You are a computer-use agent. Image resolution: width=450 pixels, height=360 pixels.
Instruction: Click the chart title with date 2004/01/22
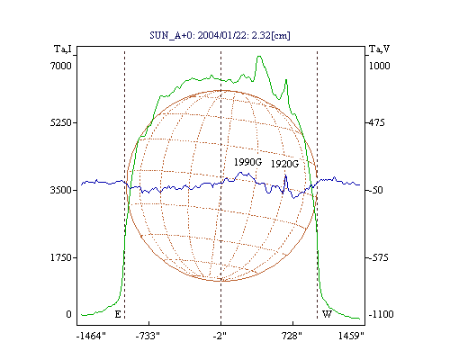coord(220,35)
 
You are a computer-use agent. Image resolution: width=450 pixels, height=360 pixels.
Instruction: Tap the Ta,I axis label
coord(63,49)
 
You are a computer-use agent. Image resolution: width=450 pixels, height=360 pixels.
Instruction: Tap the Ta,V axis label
coord(380,49)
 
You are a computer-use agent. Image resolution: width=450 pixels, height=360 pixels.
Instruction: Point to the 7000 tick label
coord(61,66)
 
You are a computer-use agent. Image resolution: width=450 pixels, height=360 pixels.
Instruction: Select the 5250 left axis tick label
coord(61,122)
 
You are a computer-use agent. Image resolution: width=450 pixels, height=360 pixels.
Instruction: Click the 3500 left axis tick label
coord(61,190)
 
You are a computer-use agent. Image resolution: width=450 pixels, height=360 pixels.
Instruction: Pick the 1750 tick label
coord(61,257)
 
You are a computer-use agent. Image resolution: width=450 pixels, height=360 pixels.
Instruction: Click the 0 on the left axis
coord(68,314)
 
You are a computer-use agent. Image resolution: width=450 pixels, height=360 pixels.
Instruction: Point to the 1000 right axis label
coord(380,66)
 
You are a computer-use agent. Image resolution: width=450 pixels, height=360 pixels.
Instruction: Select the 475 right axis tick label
coord(376,122)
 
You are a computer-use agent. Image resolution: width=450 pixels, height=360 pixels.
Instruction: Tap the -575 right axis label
coord(378,257)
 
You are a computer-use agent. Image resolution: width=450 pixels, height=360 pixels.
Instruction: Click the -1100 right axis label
coord(381,314)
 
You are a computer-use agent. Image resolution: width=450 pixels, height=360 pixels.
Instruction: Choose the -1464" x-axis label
coord(91,336)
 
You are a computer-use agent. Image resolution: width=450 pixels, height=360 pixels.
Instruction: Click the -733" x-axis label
coord(148,336)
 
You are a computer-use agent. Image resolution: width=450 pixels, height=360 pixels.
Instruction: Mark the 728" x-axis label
coord(292,336)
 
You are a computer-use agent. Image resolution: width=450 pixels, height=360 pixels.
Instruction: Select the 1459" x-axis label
coord(351,336)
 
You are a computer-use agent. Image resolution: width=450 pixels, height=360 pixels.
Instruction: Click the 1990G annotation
coord(247,162)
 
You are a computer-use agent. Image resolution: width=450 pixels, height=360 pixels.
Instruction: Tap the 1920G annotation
coord(285,164)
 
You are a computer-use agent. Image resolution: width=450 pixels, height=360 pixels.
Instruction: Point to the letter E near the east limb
coord(118,314)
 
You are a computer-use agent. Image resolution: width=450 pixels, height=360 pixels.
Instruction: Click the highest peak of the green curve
coord(259,56)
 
